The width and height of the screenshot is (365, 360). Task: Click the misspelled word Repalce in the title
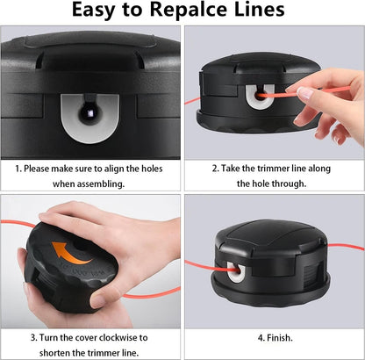pos(189,11)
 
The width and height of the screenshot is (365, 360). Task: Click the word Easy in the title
pos(94,11)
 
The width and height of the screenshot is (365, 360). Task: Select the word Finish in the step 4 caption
pos(279,338)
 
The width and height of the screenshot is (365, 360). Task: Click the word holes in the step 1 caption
pos(152,169)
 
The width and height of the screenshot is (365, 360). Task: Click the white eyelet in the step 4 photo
pos(235,272)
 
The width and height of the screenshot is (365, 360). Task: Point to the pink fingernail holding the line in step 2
pos(304,93)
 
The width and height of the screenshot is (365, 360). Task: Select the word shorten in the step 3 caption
pos(54,353)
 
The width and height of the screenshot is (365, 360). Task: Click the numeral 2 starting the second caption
pos(215,169)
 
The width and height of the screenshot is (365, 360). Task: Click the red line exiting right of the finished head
pos(346,246)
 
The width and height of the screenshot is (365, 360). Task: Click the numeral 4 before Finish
pos(261,338)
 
